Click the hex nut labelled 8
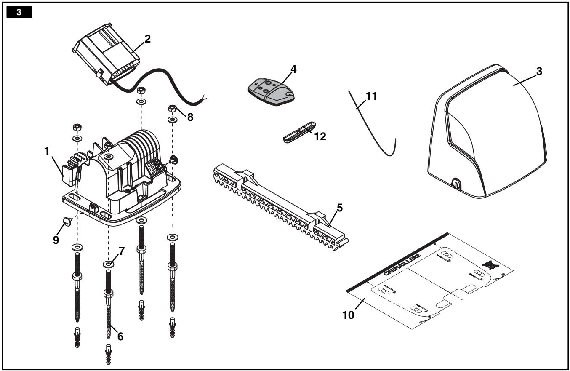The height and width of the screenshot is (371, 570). tap(173, 109)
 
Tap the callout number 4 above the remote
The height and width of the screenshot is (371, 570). tap(282, 68)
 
